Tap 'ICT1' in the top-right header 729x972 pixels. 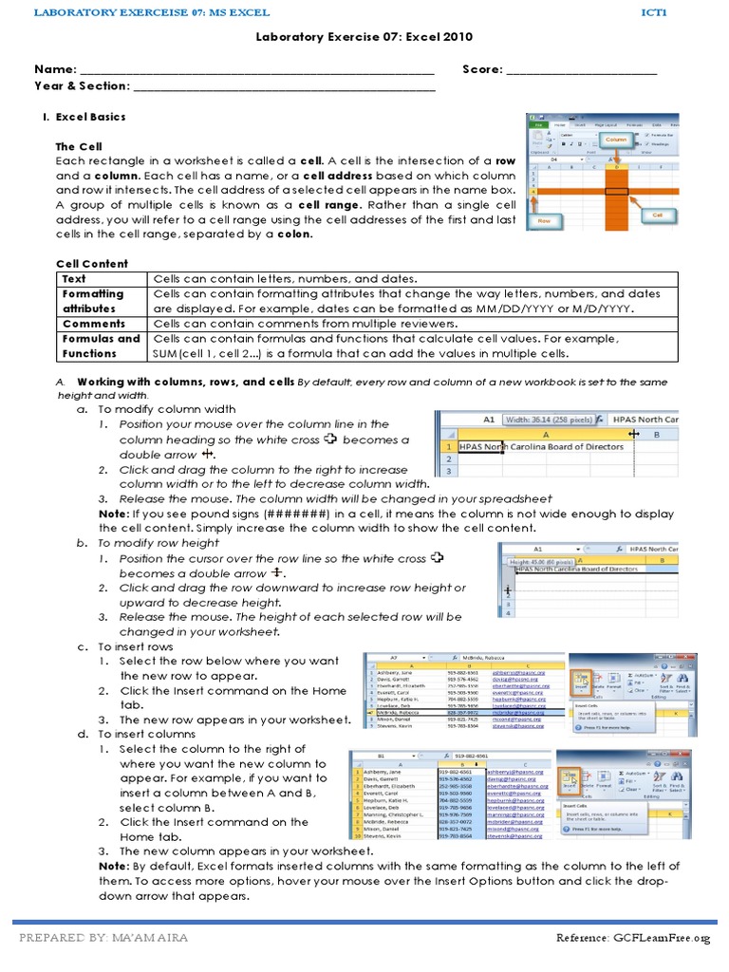[x=655, y=12]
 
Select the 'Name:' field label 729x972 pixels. [x=55, y=69]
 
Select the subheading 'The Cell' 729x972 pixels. [x=78, y=147]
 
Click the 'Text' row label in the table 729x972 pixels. [x=74, y=279]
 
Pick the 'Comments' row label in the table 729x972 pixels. [x=93, y=324]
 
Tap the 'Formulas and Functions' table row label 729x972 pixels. [x=100, y=346]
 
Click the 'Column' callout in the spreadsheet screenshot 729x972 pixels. [x=618, y=140]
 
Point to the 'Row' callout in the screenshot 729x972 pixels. [x=544, y=218]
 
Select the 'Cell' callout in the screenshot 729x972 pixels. [x=658, y=215]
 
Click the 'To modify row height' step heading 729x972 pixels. [x=159, y=543]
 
